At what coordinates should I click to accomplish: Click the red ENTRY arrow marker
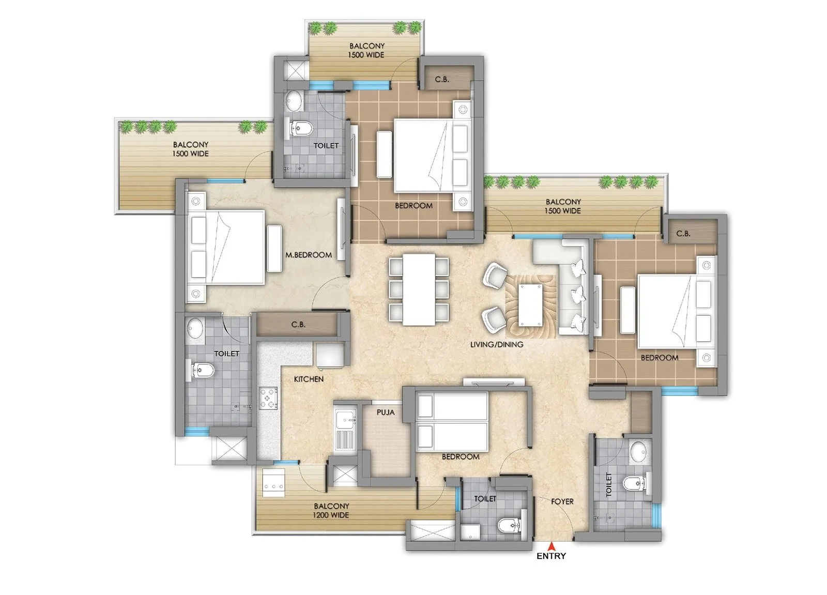(552, 545)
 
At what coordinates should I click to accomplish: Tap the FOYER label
(562, 501)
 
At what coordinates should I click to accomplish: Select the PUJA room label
(386, 412)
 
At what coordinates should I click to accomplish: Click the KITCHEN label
(309, 379)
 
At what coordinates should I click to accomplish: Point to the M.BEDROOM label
(309, 255)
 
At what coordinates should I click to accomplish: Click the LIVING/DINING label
(497, 344)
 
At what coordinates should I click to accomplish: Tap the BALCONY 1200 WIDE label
(331, 510)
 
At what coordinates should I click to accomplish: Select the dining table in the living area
(419, 289)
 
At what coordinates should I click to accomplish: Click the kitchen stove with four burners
(268, 398)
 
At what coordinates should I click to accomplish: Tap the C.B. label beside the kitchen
(298, 325)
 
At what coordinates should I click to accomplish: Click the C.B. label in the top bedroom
(442, 79)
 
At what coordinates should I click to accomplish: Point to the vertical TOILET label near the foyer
(608, 484)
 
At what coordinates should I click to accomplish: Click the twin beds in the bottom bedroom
(453, 421)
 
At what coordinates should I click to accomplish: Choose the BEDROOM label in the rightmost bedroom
(659, 357)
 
